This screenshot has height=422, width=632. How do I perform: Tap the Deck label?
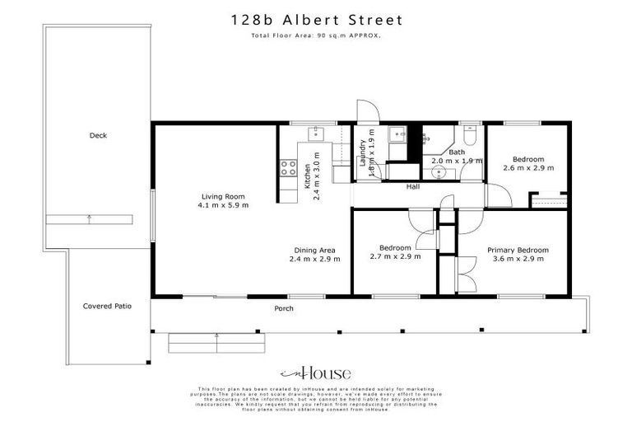99,136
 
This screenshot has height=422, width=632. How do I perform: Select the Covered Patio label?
107,306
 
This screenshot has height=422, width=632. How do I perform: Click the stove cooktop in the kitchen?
288,169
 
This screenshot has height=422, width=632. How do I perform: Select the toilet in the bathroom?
470,134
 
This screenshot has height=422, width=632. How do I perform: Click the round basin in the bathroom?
439,172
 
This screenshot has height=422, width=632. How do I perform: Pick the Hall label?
414,188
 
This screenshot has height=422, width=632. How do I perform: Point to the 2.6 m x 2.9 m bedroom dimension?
527,168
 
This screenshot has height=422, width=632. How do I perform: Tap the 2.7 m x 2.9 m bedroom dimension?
395,256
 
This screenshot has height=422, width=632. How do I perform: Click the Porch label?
284,309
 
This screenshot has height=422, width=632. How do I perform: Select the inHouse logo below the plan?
315,372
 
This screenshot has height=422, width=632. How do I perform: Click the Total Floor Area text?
315,36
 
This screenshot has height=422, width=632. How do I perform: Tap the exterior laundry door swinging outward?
365,113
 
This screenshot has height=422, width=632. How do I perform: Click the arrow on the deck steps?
90,219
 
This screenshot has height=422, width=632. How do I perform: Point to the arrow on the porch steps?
216,336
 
